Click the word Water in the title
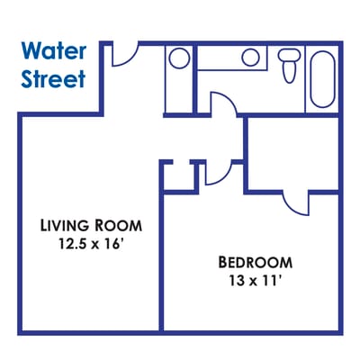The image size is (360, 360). pos(54,49)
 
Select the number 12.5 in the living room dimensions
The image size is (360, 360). pos(75,243)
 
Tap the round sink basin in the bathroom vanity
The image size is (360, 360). pos(250,58)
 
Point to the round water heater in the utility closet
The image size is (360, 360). pos(178,58)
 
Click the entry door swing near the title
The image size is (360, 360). pos(124,54)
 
